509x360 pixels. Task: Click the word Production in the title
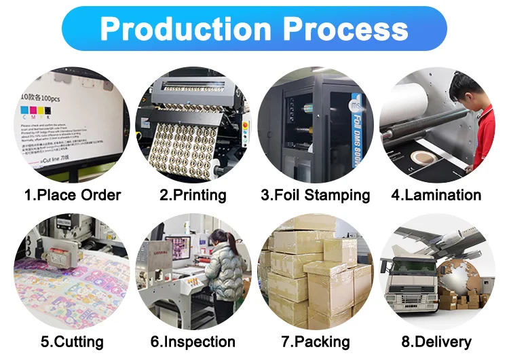[x=184, y=29]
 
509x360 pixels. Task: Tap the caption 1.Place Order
[x=73, y=196]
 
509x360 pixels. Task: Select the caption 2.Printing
[x=193, y=196]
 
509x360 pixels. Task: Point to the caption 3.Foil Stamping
[x=316, y=196]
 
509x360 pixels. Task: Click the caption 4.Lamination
[x=436, y=196]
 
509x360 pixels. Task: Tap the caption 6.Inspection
[x=193, y=342]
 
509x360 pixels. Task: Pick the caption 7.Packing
[x=316, y=342]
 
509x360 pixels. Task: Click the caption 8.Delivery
[x=436, y=342]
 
